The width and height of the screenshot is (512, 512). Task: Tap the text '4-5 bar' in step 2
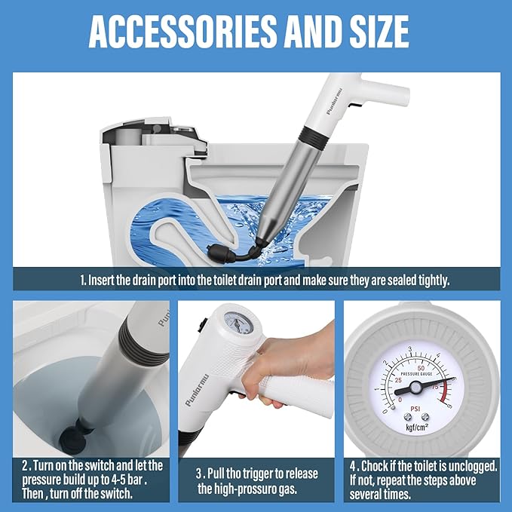113,480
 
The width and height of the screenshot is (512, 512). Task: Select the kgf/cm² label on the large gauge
415,427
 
